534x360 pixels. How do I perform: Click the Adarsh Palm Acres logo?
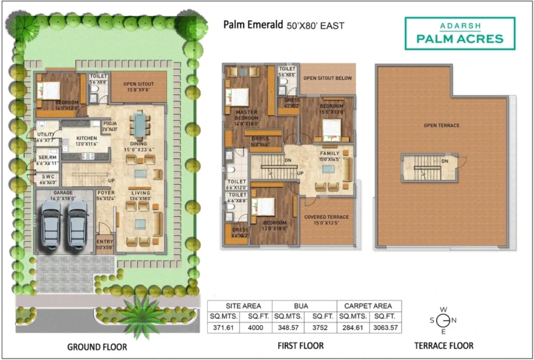click(x=460, y=33)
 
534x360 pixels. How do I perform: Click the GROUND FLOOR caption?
click(x=97, y=346)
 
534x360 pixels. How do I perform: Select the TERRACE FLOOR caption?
click(x=444, y=345)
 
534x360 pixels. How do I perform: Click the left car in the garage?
click(x=51, y=224)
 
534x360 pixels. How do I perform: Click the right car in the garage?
click(x=77, y=224)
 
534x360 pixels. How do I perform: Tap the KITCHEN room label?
click(x=86, y=138)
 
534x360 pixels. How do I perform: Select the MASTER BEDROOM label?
click(x=246, y=115)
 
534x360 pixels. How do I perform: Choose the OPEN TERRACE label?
click(x=442, y=126)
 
